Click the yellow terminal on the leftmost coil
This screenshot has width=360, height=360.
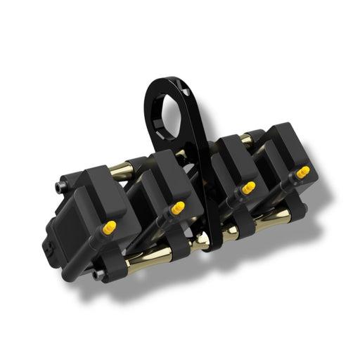(x=110, y=227)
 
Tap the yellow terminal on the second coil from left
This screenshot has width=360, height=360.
(x=177, y=208)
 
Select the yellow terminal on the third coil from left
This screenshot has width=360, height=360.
(x=247, y=188)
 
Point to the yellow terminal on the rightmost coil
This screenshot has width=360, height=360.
(x=302, y=171)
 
